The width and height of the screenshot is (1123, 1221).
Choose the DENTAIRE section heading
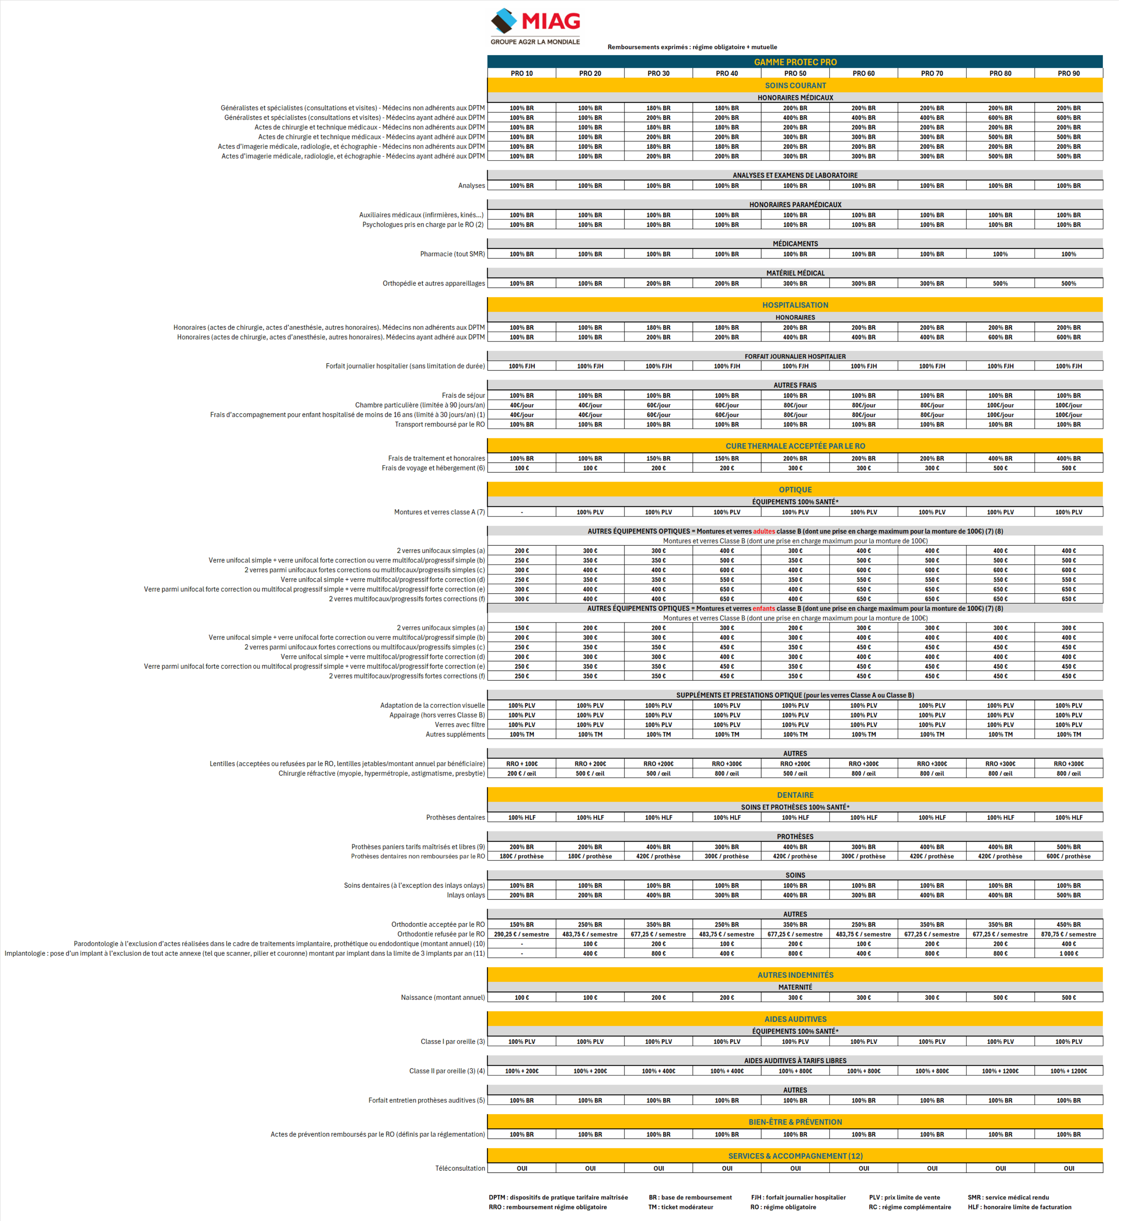point(795,795)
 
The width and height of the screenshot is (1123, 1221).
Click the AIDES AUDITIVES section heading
point(795,1019)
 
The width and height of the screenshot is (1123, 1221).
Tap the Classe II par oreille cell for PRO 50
point(795,1071)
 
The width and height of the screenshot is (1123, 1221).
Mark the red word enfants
point(764,608)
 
